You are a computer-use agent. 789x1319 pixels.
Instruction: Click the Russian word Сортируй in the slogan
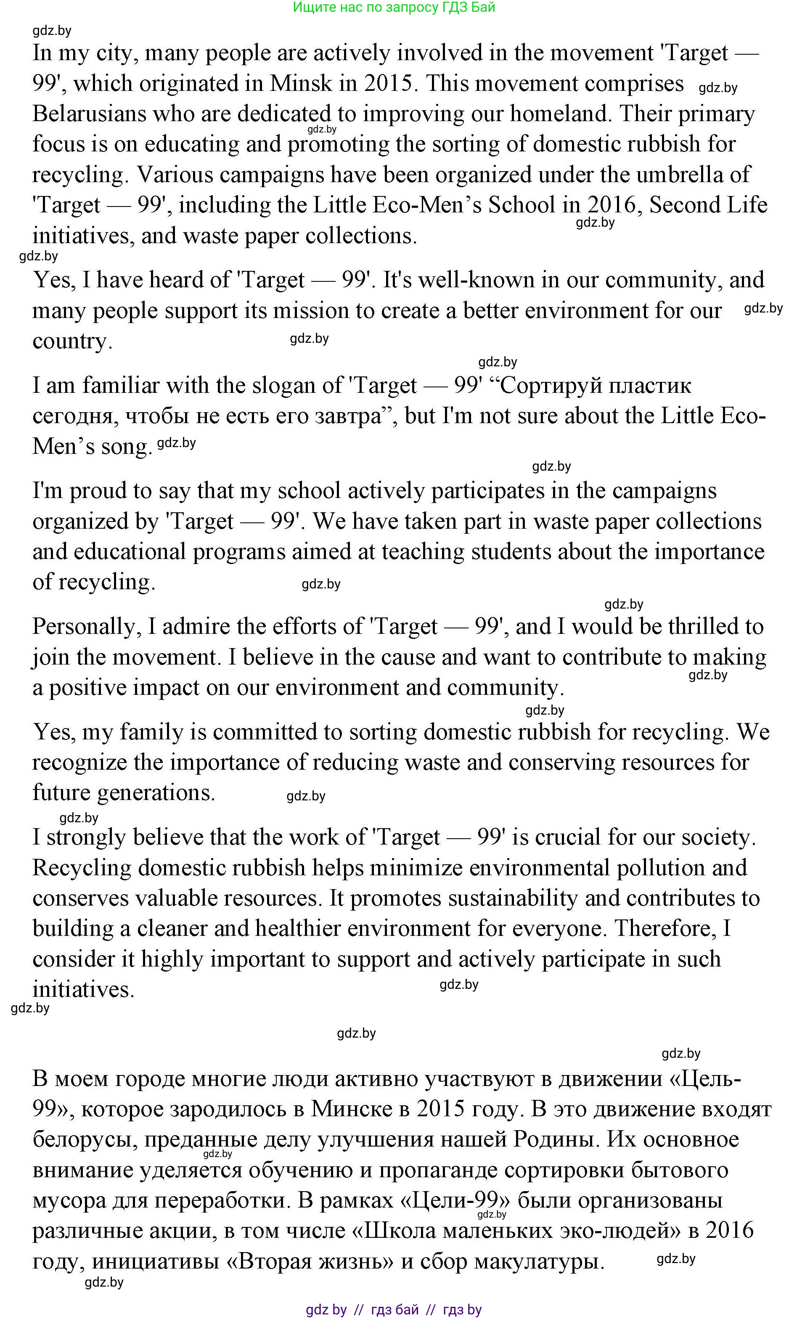point(550,385)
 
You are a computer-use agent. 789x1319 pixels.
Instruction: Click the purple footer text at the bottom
point(394,1309)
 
